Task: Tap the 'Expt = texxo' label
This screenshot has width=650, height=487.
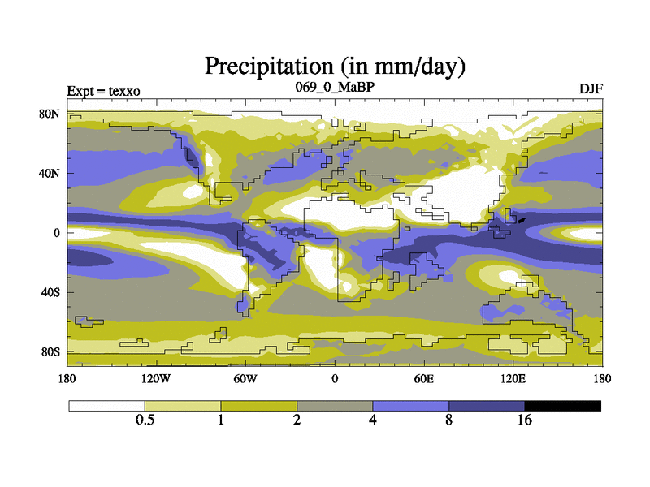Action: coord(104,90)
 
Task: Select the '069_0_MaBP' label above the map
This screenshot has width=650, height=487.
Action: coord(335,86)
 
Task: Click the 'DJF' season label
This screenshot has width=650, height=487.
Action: coord(591,88)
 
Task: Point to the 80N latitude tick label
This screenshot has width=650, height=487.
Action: coord(50,114)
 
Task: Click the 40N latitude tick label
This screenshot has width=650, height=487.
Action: coord(50,173)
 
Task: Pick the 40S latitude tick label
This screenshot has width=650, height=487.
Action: coord(51,292)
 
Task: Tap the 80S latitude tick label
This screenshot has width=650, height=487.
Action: coord(51,351)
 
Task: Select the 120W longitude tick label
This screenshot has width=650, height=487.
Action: coord(156,378)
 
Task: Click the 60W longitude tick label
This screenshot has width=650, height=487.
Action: coord(245,378)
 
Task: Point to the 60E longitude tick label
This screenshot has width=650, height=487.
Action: coord(423,378)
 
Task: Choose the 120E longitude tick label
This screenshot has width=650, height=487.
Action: coord(513,378)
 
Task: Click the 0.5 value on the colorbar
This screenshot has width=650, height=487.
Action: coord(145,420)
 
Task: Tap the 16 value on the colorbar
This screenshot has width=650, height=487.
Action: coord(525,420)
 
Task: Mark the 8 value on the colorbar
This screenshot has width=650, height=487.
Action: coord(448,420)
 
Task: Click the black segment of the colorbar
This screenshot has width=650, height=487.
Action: coord(562,405)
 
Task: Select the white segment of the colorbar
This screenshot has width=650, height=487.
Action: coord(106,405)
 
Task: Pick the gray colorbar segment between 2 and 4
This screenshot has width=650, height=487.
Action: coord(335,405)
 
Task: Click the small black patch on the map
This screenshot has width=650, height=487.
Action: coord(522,218)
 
